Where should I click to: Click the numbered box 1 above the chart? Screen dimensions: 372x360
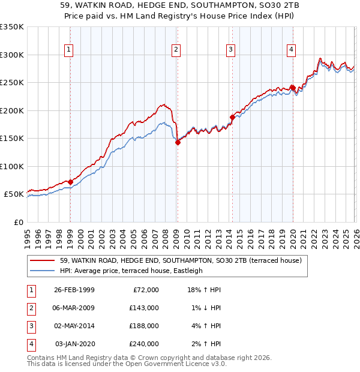pyautogui.click(x=70, y=50)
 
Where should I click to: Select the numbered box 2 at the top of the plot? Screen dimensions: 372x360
pyautogui.click(x=176, y=50)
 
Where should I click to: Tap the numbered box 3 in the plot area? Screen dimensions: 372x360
pyautogui.click(x=231, y=50)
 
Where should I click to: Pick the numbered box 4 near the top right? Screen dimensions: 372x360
pyautogui.click(x=291, y=50)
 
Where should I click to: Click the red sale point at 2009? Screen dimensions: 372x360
pyautogui.click(x=178, y=142)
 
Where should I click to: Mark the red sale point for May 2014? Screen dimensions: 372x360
pyautogui.click(x=232, y=117)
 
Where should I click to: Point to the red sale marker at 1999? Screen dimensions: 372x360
pyautogui.click(x=70, y=182)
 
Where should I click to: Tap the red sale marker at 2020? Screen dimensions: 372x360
pyautogui.click(x=292, y=88)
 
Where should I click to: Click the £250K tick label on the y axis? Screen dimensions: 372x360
pyautogui.click(x=12, y=83)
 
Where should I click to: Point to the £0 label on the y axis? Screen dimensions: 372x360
pyautogui.click(x=18, y=223)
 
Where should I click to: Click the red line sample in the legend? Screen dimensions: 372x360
pyautogui.click(x=43, y=260)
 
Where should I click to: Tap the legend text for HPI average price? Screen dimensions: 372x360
pyautogui.click(x=131, y=271)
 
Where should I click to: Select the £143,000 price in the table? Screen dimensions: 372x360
pyautogui.click(x=145, y=308)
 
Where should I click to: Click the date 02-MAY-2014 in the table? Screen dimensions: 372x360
pyautogui.click(x=74, y=326)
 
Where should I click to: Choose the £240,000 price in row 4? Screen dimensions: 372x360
pyautogui.click(x=145, y=344)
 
